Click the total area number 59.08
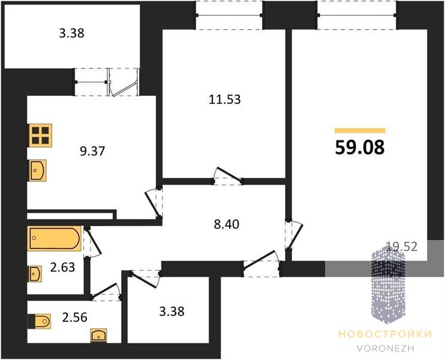pos(360,148)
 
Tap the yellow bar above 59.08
pos(360,131)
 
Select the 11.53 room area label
pos(225,100)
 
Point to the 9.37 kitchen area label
pos(92,151)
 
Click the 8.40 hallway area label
pos(227,224)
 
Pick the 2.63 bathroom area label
pos(63,267)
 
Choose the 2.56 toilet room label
pos(74,317)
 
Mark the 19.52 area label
pos(402,247)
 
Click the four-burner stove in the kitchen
pos(40,136)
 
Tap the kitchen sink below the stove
pos(38,170)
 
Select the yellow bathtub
pos(55,238)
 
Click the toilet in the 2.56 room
pos(40,322)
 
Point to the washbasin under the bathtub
pos(35,274)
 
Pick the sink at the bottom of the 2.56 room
pos(99,335)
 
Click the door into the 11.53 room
pos(227,176)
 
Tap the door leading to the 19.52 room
pos(294,235)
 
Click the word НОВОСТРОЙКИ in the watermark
pos(385,334)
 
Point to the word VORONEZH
pos(386,349)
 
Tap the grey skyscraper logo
pos(388,285)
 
